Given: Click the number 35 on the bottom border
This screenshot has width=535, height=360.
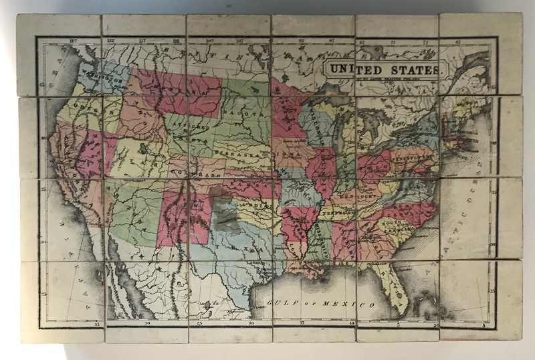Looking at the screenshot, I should tap(98, 324).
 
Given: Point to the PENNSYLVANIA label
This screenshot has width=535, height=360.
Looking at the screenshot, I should tap(412, 157).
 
